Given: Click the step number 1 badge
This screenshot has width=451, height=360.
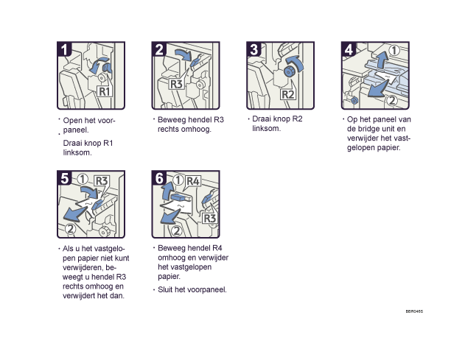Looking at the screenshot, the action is (x=65, y=49).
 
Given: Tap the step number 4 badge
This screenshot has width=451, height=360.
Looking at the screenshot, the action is (x=349, y=49).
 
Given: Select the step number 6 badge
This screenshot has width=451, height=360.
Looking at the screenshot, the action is (x=159, y=178).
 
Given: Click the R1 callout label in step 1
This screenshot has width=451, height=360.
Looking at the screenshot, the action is (x=105, y=91).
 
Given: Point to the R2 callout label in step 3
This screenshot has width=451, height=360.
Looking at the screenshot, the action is (x=288, y=94).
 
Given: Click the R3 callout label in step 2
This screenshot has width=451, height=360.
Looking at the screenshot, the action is (x=176, y=84).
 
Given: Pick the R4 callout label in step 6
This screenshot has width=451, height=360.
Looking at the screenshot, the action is (x=193, y=181).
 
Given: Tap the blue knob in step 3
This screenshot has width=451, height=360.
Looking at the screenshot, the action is (x=288, y=71).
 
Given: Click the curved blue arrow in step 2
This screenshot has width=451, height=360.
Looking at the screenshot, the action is (x=183, y=54).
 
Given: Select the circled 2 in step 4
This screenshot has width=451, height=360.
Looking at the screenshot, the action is (x=392, y=100).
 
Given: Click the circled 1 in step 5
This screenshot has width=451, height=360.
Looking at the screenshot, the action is (x=83, y=180).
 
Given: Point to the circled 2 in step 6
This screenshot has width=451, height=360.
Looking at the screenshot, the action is (x=177, y=230).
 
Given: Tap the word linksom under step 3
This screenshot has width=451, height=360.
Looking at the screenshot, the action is (x=266, y=128).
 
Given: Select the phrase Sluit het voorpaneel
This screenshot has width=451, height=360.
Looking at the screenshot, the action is (x=192, y=289).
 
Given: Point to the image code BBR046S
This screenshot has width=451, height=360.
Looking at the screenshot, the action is (x=414, y=311).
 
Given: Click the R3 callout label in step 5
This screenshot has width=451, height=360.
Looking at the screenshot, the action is (x=102, y=181).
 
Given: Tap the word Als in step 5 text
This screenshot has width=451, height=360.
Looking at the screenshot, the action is (x=69, y=249).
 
